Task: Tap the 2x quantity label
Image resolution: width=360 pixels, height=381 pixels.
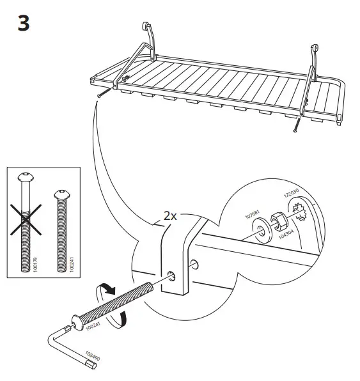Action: (169, 216)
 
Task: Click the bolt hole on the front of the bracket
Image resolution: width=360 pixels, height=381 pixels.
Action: (172, 276)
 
